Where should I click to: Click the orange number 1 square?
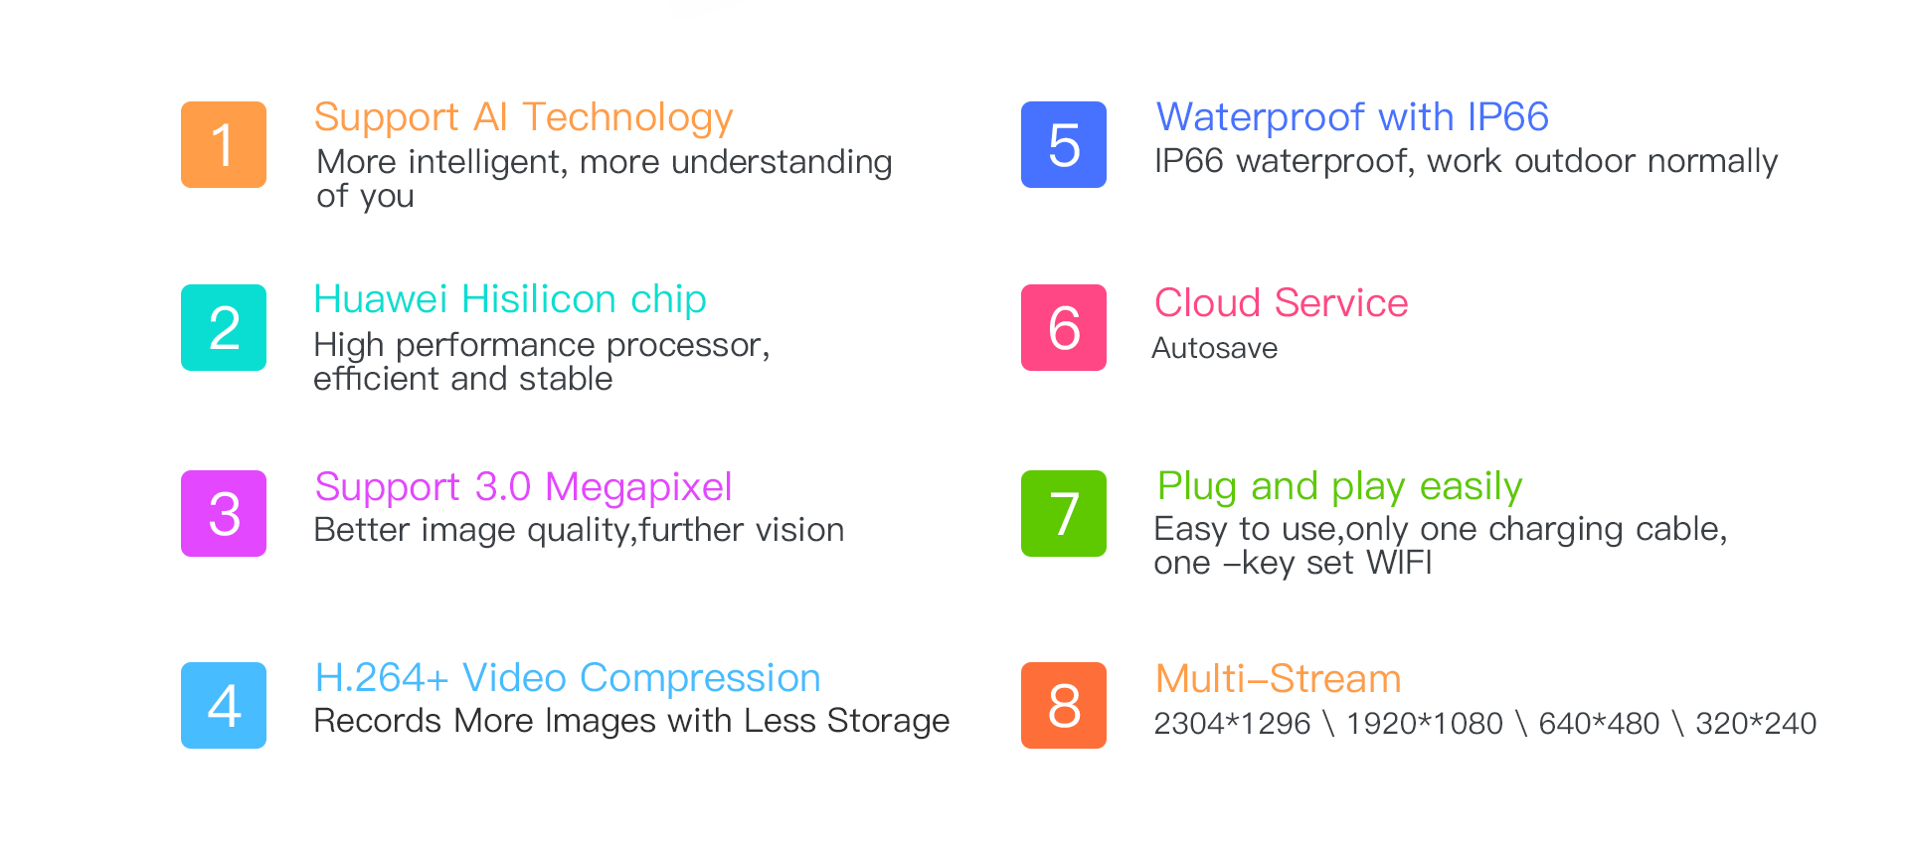(224, 144)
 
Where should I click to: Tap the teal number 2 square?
(224, 327)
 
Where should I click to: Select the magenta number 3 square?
(224, 513)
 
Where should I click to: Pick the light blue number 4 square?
(224, 705)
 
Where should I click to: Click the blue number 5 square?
(1064, 144)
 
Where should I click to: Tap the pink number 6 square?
(1064, 327)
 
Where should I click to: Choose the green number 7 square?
(1064, 513)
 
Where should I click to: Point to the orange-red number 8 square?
(1064, 705)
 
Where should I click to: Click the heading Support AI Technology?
(523, 118)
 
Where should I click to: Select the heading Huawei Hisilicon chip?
(510, 299)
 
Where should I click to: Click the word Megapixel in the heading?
(638, 487)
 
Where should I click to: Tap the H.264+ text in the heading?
(382, 678)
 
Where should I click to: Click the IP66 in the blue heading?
(1507, 117)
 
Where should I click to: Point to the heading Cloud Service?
(1282, 302)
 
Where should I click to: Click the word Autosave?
(1215, 348)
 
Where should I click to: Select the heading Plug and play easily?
(1339, 487)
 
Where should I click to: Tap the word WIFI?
(1399, 563)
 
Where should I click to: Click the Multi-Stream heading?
(1278, 679)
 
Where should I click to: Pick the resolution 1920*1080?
(1424, 723)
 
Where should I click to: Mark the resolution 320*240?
(1756, 723)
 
